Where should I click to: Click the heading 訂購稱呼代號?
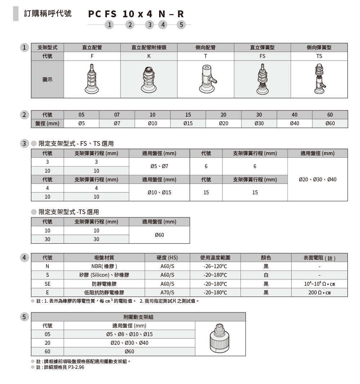coord(48,14)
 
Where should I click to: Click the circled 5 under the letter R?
coord(181,25)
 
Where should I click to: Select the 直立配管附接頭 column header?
coord(149,48)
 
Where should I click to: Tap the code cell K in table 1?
coord(149,56)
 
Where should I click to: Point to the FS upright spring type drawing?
coord(262,79)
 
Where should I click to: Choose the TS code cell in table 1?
coord(319,56)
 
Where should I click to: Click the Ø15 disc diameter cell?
coord(188,123)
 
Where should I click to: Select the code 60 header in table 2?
coord(330,115)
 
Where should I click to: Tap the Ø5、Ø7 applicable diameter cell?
coord(159,166)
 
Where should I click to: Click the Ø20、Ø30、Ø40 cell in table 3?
coord(318,179)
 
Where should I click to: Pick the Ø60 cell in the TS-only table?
coord(159,235)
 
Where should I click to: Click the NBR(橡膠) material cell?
coord(104,266)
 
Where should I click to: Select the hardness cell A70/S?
coord(167,293)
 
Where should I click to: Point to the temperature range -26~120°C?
coord(215,266)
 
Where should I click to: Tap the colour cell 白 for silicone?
coord(266,275)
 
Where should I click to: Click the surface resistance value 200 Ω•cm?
coord(319,293)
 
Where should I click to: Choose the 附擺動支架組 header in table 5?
coord(138,317)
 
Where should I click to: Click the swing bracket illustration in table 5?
coord(220,338)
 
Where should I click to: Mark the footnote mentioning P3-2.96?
coord(60,367)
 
